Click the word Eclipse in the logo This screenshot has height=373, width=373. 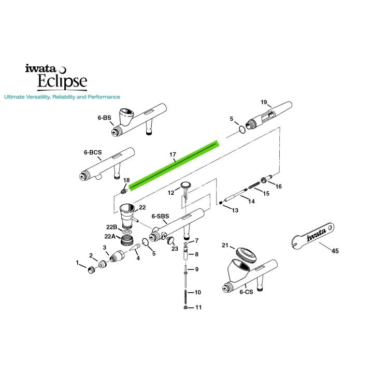pyautogui.click(x=62, y=81)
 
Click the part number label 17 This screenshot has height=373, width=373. pyautogui.click(x=173, y=154)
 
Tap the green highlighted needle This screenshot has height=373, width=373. pyautogui.click(x=174, y=164)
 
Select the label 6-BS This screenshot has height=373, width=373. pyautogui.click(x=104, y=118)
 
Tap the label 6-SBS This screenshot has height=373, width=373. pyautogui.click(x=160, y=216)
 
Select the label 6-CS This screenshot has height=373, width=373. pyautogui.click(x=246, y=292)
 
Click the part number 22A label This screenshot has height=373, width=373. pyautogui.click(x=109, y=237)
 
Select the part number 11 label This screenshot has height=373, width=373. pyautogui.click(x=198, y=308)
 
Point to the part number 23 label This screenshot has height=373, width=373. pyautogui.click(x=175, y=249)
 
